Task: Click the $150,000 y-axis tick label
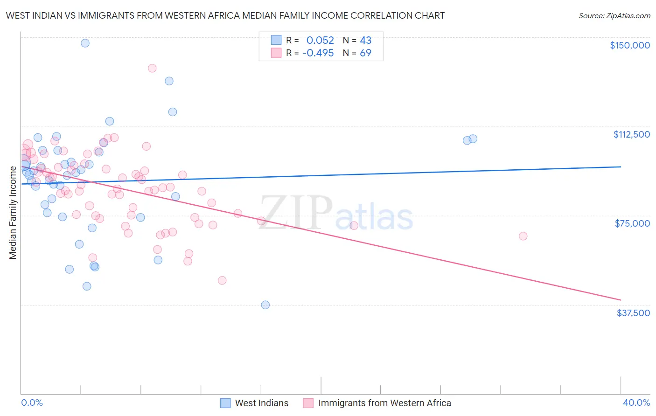pos(629,45)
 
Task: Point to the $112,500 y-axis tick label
pos(631,134)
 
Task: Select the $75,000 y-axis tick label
pos(632,223)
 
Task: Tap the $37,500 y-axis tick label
pos(633,313)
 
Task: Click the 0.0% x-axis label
pos(32,402)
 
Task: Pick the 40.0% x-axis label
pos(636,402)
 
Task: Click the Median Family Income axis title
pos(13,212)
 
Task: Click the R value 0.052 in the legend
pos(320,41)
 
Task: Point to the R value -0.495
pos(318,53)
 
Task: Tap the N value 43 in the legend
pos(365,41)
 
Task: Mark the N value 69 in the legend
pos(365,53)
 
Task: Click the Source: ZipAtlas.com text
pos(614,16)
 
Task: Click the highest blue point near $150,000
pos(85,43)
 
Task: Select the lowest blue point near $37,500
pos(265,305)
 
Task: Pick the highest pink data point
pos(152,68)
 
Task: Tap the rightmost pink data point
pos(523,236)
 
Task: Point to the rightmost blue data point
pos(473,139)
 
